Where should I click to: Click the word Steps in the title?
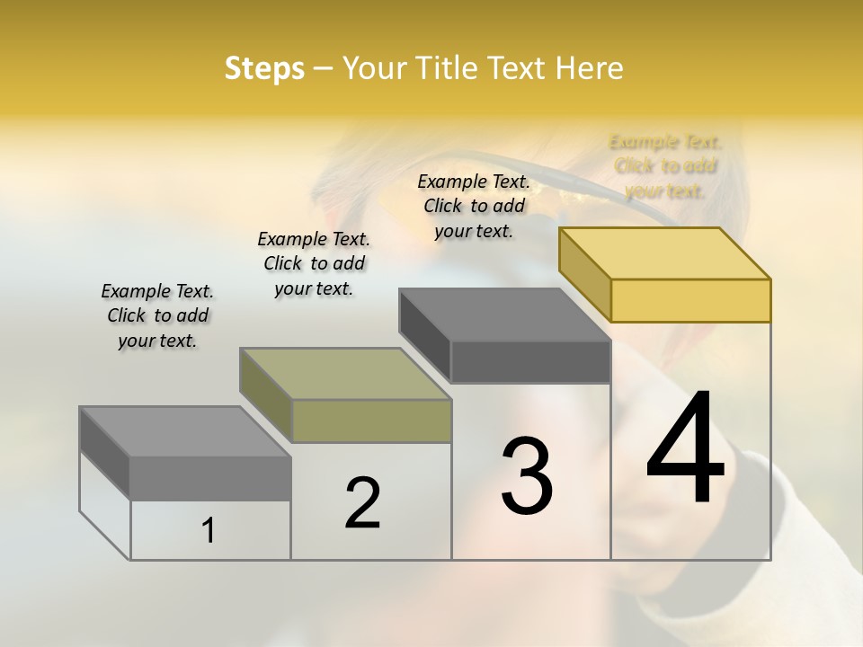click(x=264, y=69)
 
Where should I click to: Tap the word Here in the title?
click(x=589, y=68)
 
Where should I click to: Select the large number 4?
click(x=686, y=449)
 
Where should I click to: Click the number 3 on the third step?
click(x=527, y=476)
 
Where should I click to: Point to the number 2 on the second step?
click(x=362, y=503)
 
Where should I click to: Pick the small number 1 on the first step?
click(x=209, y=531)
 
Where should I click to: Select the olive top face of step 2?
click(x=345, y=374)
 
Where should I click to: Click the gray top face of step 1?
click(x=185, y=432)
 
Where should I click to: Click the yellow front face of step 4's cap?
click(x=690, y=300)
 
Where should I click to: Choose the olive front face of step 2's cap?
click(x=371, y=421)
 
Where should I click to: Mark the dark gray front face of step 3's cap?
click(x=530, y=362)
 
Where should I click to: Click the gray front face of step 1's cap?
click(x=210, y=478)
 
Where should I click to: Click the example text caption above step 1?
click(x=157, y=315)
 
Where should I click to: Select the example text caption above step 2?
click(x=314, y=263)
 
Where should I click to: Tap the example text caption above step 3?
click(x=474, y=206)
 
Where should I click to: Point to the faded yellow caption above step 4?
click(x=665, y=166)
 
